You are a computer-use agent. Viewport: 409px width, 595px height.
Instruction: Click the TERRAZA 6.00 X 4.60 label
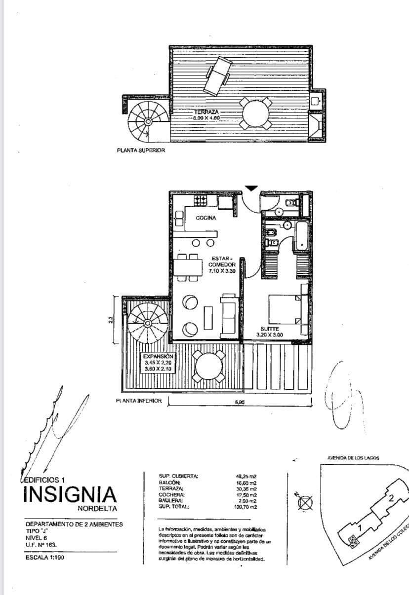(x=206, y=115)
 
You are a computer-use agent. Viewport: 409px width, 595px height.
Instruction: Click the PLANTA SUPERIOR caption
(x=141, y=150)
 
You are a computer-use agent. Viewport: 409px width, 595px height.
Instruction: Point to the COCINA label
(x=205, y=218)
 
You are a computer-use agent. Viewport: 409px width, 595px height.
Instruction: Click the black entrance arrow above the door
(x=251, y=187)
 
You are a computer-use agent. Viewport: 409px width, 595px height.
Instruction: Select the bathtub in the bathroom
(x=301, y=236)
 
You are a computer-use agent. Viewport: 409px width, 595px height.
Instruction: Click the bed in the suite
(x=286, y=309)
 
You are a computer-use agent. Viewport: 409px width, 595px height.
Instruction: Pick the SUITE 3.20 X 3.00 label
(x=269, y=332)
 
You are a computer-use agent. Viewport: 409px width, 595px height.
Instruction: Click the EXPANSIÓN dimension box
(x=158, y=363)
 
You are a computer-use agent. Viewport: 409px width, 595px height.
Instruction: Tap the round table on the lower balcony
(x=209, y=366)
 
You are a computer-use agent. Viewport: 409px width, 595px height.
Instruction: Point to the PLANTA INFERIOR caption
(x=139, y=401)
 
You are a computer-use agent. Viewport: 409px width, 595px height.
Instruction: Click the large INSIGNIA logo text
(x=70, y=494)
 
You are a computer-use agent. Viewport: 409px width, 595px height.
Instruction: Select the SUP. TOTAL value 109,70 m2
(x=246, y=507)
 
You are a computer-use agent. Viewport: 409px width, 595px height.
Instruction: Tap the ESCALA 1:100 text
(x=45, y=558)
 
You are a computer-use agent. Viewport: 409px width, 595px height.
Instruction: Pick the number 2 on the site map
(x=391, y=498)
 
